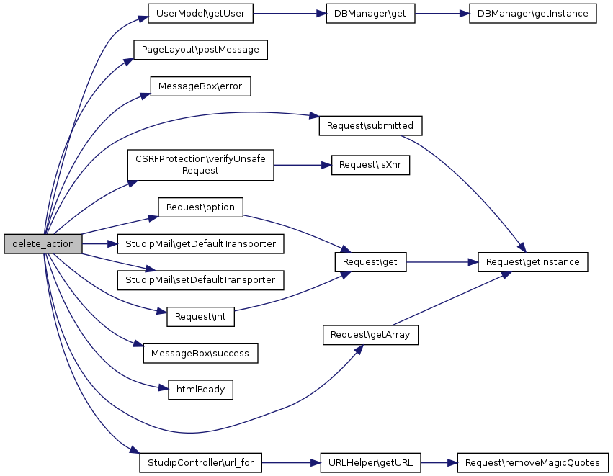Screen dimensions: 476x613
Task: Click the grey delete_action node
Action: [42, 243]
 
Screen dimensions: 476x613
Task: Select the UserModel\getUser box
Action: [200, 14]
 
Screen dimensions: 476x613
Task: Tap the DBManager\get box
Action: [370, 14]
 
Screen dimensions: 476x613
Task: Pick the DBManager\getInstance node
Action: [533, 14]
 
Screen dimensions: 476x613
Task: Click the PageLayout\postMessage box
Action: [200, 50]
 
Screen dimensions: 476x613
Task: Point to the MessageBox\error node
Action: [200, 86]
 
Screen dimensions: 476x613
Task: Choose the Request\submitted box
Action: [370, 125]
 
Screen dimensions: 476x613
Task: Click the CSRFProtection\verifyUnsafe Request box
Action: [200, 166]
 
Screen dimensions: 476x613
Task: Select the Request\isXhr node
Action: [370, 165]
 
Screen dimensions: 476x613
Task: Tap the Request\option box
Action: [200, 207]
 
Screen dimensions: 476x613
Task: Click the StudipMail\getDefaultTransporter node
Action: [200, 244]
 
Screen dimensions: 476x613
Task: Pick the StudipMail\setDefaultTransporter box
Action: [200, 279]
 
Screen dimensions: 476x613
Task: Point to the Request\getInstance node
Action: [533, 262]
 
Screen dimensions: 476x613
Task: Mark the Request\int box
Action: [200, 316]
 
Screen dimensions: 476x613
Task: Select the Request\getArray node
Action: [370, 335]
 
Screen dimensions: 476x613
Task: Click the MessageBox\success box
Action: [200, 354]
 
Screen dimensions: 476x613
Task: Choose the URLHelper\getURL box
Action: [370, 463]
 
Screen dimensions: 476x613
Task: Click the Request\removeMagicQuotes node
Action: [533, 463]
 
